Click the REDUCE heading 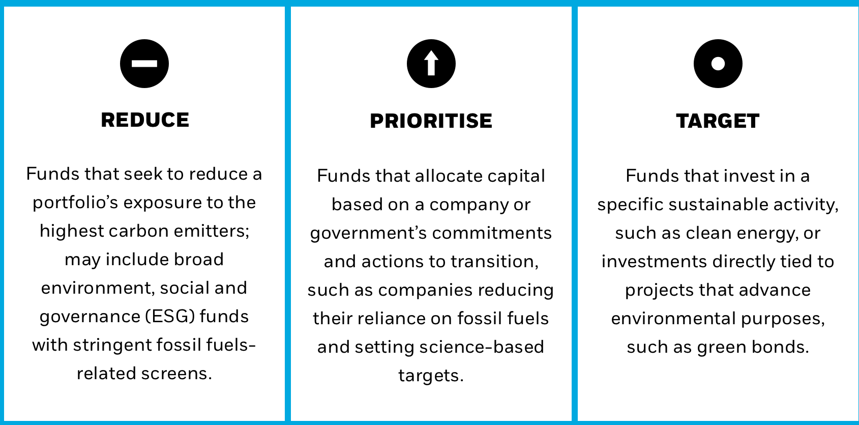pyautogui.click(x=145, y=120)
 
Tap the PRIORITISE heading pyautogui.click(x=431, y=121)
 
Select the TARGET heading pyautogui.click(x=718, y=121)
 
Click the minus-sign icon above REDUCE pyautogui.click(x=144, y=63)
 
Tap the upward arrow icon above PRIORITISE pyautogui.click(x=431, y=63)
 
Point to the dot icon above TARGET pyautogui.click(x=718, y=63)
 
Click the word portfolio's pyautogui.click(x=76, y=203)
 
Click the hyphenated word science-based pyautogui.click(x=482, y=347)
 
